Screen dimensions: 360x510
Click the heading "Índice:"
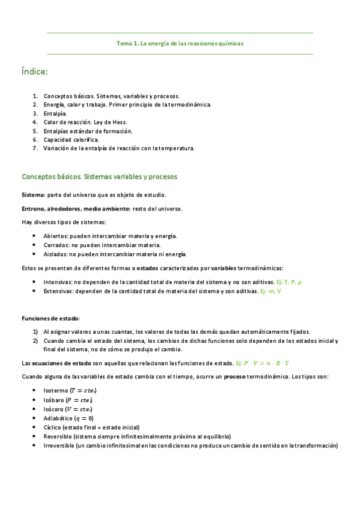pos(34,72)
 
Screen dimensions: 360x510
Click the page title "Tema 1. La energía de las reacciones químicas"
pos(180,43)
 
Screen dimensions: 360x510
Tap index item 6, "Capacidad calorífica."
pos(71,139)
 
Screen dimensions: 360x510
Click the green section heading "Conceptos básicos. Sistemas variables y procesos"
pos(99,177)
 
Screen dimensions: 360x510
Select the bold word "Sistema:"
pos(33,195)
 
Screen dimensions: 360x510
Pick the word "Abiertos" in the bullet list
pos(56,236)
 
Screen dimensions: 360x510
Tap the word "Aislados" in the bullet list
pos(55,254)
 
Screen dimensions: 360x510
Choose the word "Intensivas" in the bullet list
pos(58,281)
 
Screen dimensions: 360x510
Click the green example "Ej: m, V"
pos(270,290)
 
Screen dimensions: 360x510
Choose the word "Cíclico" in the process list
pos(53,427)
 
